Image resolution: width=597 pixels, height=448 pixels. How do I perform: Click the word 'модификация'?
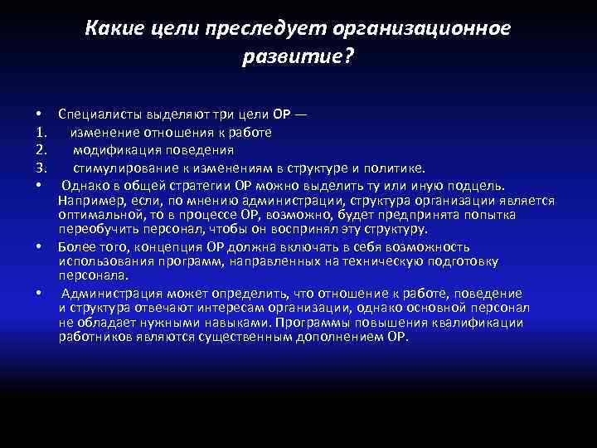[112, 150]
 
